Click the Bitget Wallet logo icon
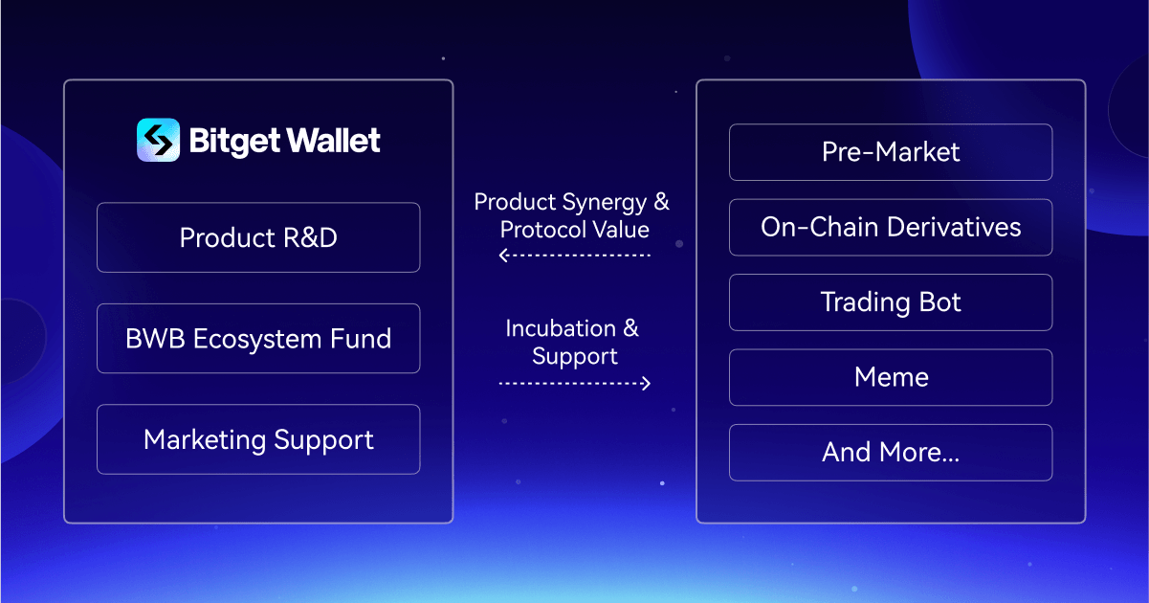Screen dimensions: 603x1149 pyautogui.click(x=158, y=140)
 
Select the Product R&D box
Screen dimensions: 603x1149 pyautogui.click(x=258, y=237)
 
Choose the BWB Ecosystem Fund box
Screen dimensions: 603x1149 pyautogui.click(x=258, y=339)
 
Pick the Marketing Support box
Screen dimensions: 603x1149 pyautogui.click(x=258, y=439)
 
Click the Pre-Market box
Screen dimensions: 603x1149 pyautogui.click(x=891, y=152)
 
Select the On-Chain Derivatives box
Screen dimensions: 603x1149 pyautogui.click(x=891, y=227)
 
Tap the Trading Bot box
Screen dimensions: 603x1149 pyautogui.click(x=891, y=302)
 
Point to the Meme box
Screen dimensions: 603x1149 pyautogui.click(x=891, y=377)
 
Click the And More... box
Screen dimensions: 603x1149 pyautogui.click(x=891, y=453)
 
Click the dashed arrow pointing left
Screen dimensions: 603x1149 pyautogui.click(x=574, y=256)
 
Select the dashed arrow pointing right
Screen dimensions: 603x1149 pyautogui.click(x=574, y=383)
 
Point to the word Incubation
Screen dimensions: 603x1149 pyautogui.click(x=560, y=328)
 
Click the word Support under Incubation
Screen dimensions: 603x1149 pyautogui.click(x=574, y=357)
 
